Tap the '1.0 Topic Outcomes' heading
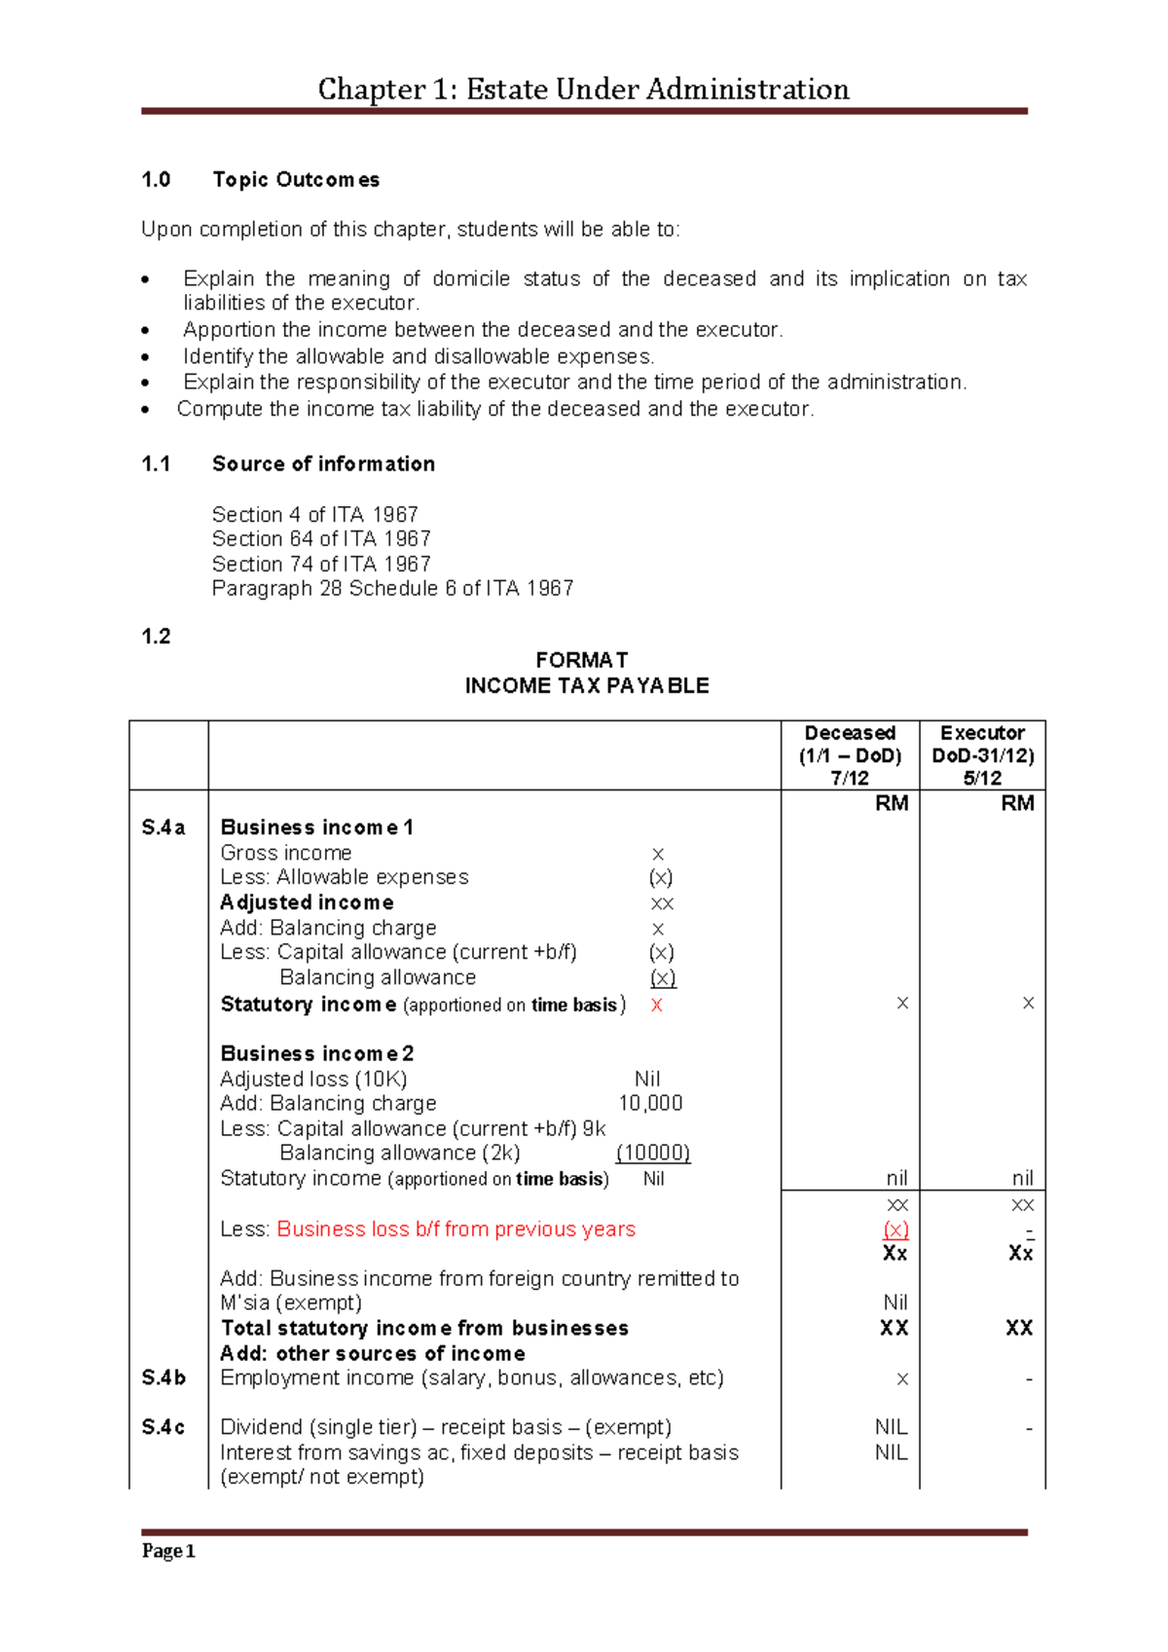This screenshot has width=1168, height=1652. [x=260, y=180]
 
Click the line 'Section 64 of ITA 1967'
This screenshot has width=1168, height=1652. [x=321, y=539]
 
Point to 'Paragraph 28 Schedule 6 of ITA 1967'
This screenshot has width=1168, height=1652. [x=392, y=589]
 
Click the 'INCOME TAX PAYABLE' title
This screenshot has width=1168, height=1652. [x=587, y=686]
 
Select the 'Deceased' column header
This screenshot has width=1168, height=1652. [x=850, y=733]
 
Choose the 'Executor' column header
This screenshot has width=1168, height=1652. [x=982, y=733]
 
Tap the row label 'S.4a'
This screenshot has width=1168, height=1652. [x=164, y=827]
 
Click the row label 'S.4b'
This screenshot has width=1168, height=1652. [x=164, y=1377]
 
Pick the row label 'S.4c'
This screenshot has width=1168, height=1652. [x=164, y=1427]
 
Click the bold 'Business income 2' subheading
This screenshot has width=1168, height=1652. [x=317, y=1053]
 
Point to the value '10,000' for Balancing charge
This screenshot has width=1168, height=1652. [x=650, y=1104]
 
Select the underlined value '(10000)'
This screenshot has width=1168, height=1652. [x=653, y=1154]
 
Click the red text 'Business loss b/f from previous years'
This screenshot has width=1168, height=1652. [x=456, y=1230]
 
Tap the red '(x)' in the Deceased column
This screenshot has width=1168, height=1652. [x=895, y=1230]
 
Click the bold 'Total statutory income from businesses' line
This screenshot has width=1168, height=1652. [x=424, y=1329]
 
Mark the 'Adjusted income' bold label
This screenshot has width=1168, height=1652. [x=307, y=902]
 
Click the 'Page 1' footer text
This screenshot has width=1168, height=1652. [x=168, y=1551]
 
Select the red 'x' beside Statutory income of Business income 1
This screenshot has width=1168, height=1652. [x=657, y=1006]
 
